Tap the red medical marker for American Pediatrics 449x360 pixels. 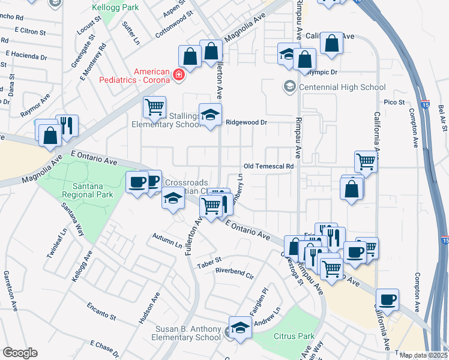(x=178, y=75)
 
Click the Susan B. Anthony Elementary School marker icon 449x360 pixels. (x=240, y=329)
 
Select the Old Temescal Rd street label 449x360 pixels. (x=268, y=166)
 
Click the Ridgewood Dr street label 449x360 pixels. (x=246, y=122)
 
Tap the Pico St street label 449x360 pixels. (x=394, y=103)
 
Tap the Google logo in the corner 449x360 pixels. (x=19, y=353)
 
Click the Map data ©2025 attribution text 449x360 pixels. (x=423, y=355)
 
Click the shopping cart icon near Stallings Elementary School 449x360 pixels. (x=154, y=108)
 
